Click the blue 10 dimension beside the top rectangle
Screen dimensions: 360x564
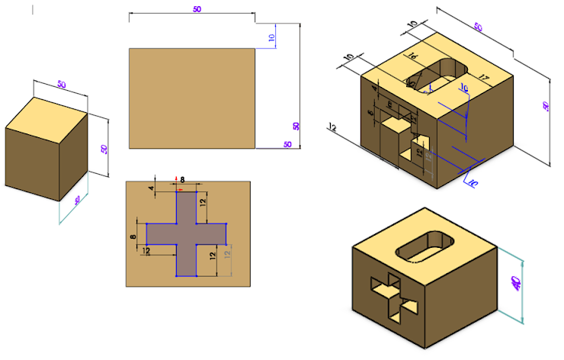(271, 37)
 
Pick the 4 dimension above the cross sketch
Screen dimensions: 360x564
(151, 188)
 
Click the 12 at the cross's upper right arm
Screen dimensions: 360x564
(203, 201)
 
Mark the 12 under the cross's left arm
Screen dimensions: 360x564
(145, 251)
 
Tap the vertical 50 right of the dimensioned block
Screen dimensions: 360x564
(545, 107)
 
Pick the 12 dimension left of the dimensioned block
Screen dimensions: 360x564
(332, 127)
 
